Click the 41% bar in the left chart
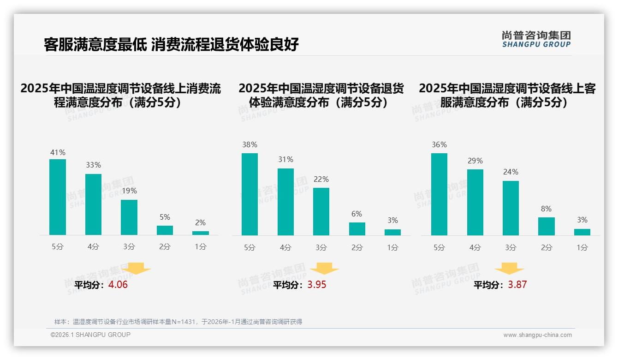tap(58, 197)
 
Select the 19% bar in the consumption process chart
tap(129, 217)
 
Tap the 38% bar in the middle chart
tap(250, 194)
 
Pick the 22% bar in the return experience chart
tap(321, 211)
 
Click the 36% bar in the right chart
tap(439, 194)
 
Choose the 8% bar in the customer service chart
tap(547, 226)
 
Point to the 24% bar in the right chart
tap(511, 208)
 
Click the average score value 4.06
tap(118, 285)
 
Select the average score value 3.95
tap(317, 285)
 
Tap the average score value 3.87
tap(517, 285)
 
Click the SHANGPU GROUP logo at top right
tap(536, 39)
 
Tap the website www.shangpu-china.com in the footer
tap(537, 335)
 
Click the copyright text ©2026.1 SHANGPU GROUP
tap(90, 335)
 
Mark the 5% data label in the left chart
tap(165, 217)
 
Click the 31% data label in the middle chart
tap(285, 160)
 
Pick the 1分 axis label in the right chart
tap(582, 247)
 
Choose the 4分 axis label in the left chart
tap(93, 247)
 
